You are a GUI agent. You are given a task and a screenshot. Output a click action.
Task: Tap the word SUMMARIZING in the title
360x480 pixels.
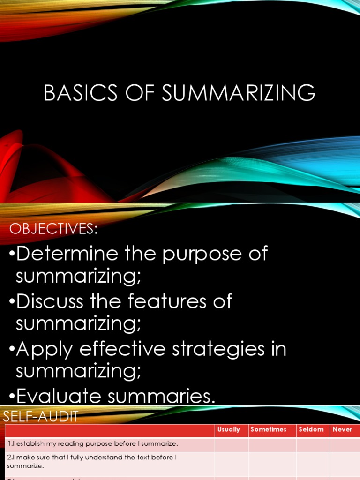coord(239,93)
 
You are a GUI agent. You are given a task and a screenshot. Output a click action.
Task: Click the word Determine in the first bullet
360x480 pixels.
coord(67,254)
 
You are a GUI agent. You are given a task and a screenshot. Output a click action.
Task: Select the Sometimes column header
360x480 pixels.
coord(269,429)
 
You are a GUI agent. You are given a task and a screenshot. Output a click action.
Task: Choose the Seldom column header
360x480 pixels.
coord(311,429)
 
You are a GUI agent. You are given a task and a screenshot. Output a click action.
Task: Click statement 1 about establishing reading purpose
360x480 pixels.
coord(93,443)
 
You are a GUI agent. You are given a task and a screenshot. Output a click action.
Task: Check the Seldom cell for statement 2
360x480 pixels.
coord(313,461)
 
